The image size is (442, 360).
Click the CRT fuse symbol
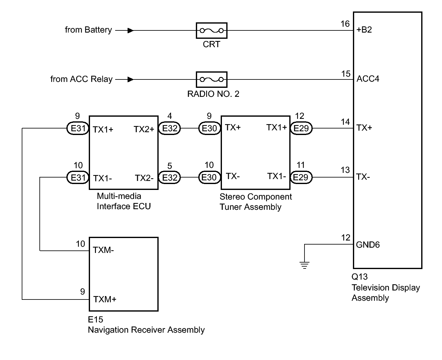tap(211, 30)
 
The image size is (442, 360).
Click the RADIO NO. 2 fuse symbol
tap(211, 79)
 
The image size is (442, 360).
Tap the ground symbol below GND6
tap(304, 265)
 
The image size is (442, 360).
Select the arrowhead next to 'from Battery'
tap(131, 30)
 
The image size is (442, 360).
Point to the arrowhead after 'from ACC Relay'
tap(131, 79)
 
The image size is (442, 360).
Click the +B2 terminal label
tap(364, 30)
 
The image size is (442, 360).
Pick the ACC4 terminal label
tap(368, 79)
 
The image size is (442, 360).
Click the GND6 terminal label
tap(368, 245)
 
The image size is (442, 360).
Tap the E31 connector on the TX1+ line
tap(78, 128)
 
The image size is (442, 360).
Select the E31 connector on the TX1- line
tap(78, 178)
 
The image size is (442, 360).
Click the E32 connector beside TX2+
tap(169, 128)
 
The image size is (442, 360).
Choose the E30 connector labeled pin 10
tap(210, 178)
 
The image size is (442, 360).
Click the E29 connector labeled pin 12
tap(301, 128)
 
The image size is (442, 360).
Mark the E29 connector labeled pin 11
tap(301, 178)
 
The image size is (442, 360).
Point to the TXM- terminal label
tap(103, 250)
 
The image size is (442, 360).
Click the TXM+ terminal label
tap(105, 299)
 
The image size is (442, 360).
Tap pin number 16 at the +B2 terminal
tap(345, 24)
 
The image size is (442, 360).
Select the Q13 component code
tap(360, 277)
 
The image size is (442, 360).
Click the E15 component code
tap(96, 320)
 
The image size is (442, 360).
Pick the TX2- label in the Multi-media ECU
tap(144, 178)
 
